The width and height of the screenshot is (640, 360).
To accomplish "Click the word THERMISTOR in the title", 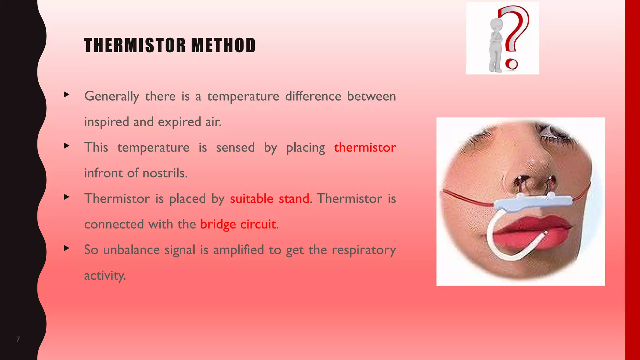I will point(135,45).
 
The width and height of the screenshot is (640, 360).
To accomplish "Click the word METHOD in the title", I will point(223,45).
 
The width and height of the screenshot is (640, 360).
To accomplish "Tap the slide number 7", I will point(18,339).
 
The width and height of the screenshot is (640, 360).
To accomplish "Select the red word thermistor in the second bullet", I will point(365,147).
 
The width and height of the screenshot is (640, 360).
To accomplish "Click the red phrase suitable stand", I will point(269,199).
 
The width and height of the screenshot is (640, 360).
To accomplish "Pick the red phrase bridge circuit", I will point(238,224).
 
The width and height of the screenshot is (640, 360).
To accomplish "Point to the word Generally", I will point(112,96).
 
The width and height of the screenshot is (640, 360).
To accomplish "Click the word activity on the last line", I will point(105,276).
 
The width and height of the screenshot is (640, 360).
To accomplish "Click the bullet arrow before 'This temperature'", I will point(66,146).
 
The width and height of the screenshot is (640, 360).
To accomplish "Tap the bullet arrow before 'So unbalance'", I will point(66,248).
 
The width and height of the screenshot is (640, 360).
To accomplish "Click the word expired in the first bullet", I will point(179,122).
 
